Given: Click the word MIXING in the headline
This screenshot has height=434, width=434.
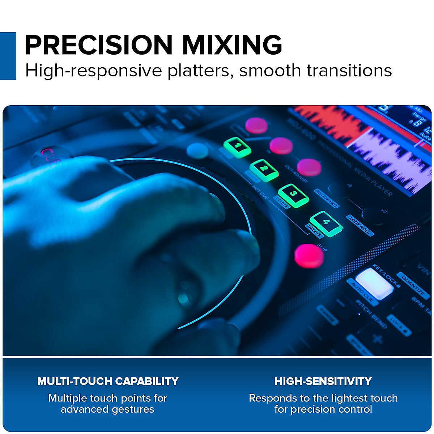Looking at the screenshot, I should (232, 46).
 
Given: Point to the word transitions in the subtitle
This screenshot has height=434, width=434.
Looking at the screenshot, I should (349, 71).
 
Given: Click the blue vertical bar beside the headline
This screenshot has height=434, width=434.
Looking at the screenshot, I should (8, 56).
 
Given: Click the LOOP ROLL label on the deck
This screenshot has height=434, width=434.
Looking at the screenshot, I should (360, 225).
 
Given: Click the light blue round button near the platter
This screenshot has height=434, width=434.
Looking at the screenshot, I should (197, 150).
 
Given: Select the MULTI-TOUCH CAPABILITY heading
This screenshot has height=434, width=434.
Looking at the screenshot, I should (108, 381).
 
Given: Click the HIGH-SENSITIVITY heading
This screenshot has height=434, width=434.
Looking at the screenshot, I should (323, 381).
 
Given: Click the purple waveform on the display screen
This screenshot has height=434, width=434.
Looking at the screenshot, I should (387, 159).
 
